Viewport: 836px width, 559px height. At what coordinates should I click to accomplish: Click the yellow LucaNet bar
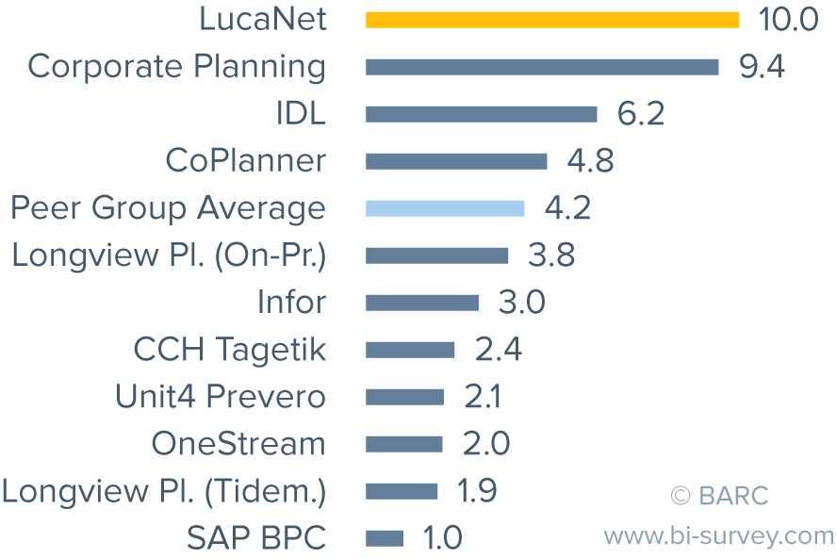(552, 20)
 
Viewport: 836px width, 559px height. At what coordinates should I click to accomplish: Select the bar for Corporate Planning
(542, 67)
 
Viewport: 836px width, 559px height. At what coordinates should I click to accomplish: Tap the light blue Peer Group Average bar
(445, 208)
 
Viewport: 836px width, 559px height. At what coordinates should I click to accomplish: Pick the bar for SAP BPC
(385, 538)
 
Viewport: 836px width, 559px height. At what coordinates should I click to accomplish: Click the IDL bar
(481, 114)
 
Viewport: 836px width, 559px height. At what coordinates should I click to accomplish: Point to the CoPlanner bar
(456, 161)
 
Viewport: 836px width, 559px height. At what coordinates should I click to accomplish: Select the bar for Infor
(422, 303)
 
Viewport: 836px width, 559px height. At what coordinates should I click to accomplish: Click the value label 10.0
(788, 20)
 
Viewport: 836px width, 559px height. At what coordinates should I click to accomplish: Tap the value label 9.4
(762, 67)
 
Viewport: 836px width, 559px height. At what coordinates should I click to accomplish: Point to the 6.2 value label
(641, 114)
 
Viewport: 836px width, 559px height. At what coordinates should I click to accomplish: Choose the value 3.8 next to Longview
(550, 255)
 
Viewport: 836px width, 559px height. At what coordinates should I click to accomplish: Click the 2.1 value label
(482, 397)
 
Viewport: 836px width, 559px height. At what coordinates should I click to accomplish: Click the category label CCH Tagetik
(229, 350)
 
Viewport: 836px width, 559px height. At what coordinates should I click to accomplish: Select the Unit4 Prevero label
(220, 397)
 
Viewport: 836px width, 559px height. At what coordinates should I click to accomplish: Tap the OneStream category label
(238, 444)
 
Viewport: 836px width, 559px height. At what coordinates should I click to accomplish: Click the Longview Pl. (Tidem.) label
(164, 491)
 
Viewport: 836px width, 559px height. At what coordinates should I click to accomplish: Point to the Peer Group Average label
(168, 208)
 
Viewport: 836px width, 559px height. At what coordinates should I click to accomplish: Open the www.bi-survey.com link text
(719, 536)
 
